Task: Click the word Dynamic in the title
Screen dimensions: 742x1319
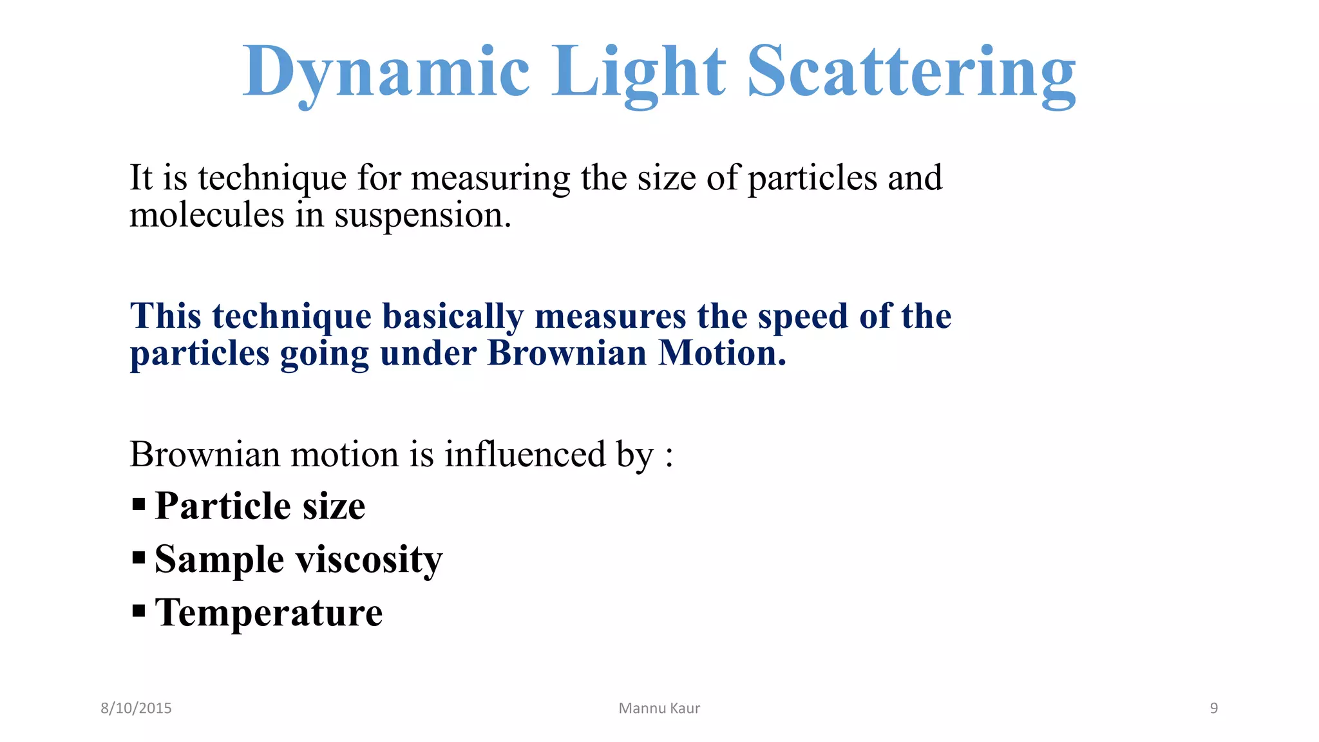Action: pos(385,72)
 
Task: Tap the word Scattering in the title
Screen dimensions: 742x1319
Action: pos(911,72)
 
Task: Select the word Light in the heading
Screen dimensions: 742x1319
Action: pos(638,72)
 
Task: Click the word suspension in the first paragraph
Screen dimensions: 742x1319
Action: pos(422,216)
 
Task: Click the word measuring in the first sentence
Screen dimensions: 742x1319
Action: pos(490,178)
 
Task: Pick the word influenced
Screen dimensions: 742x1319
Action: pos(525,454)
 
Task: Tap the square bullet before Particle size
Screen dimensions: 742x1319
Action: pos(138,504)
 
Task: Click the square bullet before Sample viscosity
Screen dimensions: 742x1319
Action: pos(138,557)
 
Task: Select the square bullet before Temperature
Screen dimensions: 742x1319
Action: pos(138,611)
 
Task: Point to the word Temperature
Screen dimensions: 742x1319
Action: pos(269,612)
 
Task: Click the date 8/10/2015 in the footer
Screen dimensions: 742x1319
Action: pos(136,708)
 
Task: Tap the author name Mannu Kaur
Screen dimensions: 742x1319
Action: pos(659,708)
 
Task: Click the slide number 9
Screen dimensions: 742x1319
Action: pos(1213,708)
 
